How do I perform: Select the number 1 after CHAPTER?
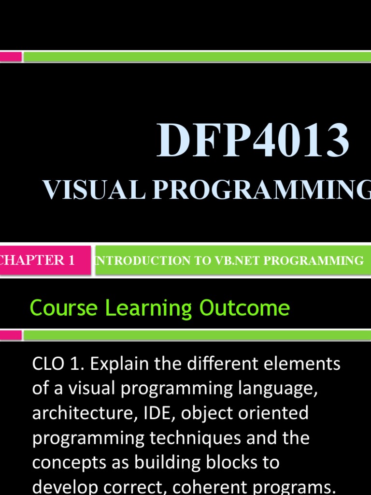[x=71, y=260]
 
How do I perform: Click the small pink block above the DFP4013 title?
[x=11, y=57]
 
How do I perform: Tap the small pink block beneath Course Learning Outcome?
[x=11, y=335]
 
